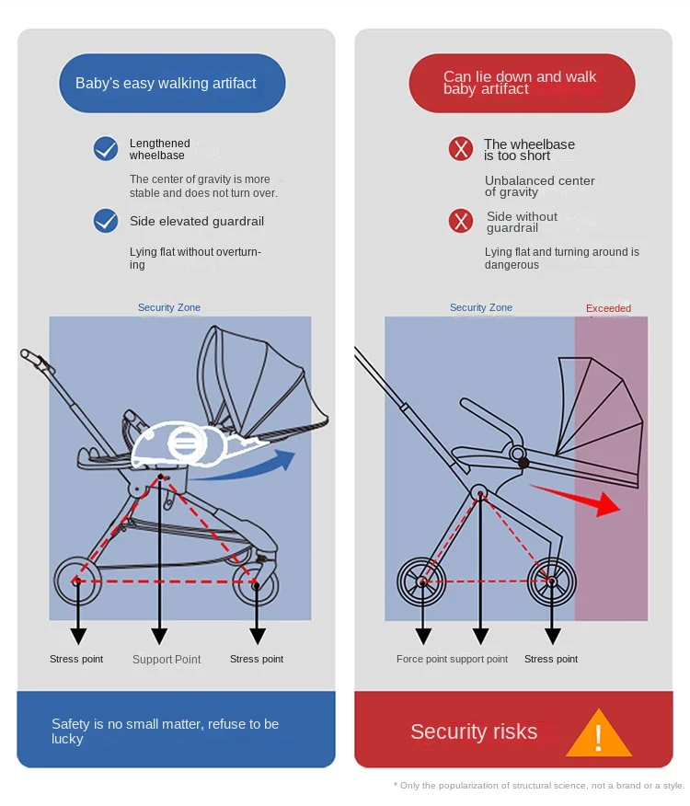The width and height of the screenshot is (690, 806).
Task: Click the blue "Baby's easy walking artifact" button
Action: (172, 84)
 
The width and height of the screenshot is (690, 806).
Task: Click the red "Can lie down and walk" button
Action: (522, 84)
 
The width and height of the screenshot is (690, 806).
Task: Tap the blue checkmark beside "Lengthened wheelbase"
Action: (107, 149)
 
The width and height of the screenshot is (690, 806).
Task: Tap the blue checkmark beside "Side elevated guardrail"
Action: (107, 221)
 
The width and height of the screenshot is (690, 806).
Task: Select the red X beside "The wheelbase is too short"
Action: (461, 149)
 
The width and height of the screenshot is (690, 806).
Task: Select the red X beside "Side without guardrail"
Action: (461, 221)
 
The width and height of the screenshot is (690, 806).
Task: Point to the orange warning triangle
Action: (598, 735)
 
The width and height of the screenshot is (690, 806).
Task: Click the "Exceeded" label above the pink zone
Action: (608, 308)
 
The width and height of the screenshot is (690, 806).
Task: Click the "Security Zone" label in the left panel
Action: (169, 307)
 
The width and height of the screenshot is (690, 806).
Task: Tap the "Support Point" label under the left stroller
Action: (167, 659)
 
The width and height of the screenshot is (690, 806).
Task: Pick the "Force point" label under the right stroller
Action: (422, 659)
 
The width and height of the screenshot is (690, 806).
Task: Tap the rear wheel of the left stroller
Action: (77, 581)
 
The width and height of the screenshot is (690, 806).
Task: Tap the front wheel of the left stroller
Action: (255, 581)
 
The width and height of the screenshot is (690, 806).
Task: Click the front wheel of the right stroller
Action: (551, 581)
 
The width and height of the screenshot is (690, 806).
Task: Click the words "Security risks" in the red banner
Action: (474, 731)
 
